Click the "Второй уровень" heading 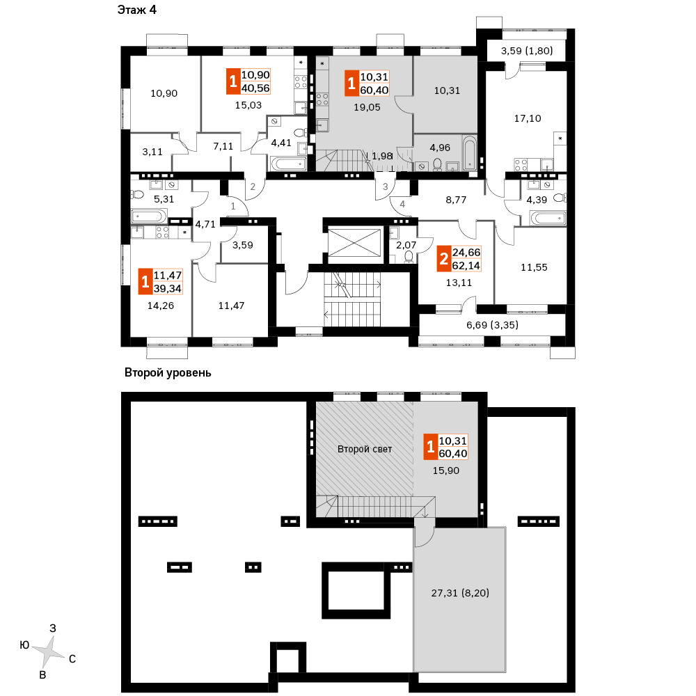(167, 373)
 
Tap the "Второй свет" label (365, 449)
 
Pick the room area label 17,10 (527, 119)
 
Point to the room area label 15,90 (445, 470)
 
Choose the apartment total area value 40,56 (256, 87)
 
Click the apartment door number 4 (402, 204)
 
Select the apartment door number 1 (233, 207)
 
